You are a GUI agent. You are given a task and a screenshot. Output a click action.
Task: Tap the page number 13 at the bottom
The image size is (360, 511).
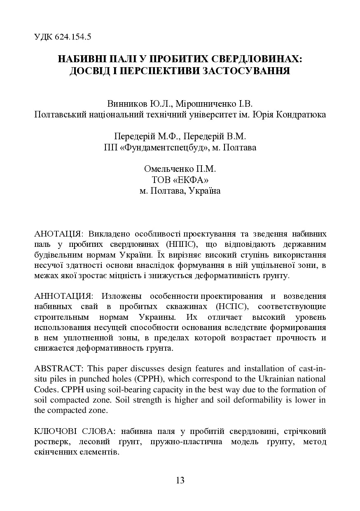click(x=180, y=480)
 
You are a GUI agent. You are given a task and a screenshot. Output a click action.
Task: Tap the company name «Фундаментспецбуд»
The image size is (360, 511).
click(x=170, y=147)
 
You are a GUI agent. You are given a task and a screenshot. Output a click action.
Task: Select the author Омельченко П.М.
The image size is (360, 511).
click(x=180, y=169)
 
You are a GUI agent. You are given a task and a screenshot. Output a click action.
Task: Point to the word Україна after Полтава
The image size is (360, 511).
click(x=204, y=191)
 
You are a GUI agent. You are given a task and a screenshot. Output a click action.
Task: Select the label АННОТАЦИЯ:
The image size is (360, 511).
click(x=63, y=296)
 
